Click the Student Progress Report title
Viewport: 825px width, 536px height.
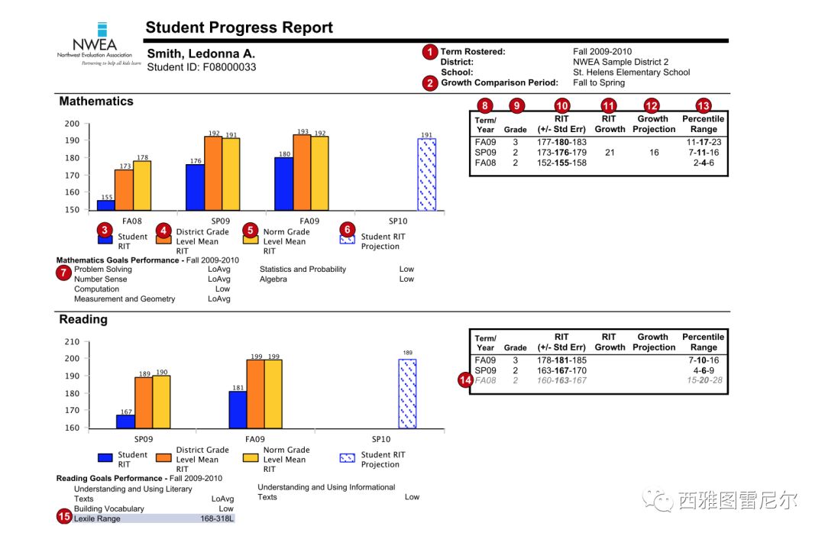point(239,28)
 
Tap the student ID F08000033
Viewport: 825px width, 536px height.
point(202,67)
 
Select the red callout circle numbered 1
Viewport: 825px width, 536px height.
point(430,52)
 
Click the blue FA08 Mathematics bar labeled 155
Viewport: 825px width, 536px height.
point(105,205)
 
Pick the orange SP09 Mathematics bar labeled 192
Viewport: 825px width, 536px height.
point(213,173)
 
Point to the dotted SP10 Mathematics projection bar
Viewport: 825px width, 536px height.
point(426,175)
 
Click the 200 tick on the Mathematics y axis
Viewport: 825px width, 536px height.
point(72,124)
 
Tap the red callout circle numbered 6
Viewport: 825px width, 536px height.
point(348,229)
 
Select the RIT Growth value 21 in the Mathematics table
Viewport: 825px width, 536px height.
point(609,153)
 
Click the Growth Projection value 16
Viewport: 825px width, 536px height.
point(653,153)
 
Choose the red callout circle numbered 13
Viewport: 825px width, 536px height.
point(704,105)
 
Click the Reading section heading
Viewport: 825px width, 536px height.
point(83,319)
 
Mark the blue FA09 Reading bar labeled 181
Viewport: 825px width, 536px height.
point(238,409)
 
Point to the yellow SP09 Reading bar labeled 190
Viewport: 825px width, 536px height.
point(161,402)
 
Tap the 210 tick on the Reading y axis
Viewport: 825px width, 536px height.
point(72,341)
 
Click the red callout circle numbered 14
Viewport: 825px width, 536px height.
point(464,380)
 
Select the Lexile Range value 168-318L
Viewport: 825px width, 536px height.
point(218,518)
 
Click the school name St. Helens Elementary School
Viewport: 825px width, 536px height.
point(631,73)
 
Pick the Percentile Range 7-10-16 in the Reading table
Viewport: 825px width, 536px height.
point(704,360)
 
